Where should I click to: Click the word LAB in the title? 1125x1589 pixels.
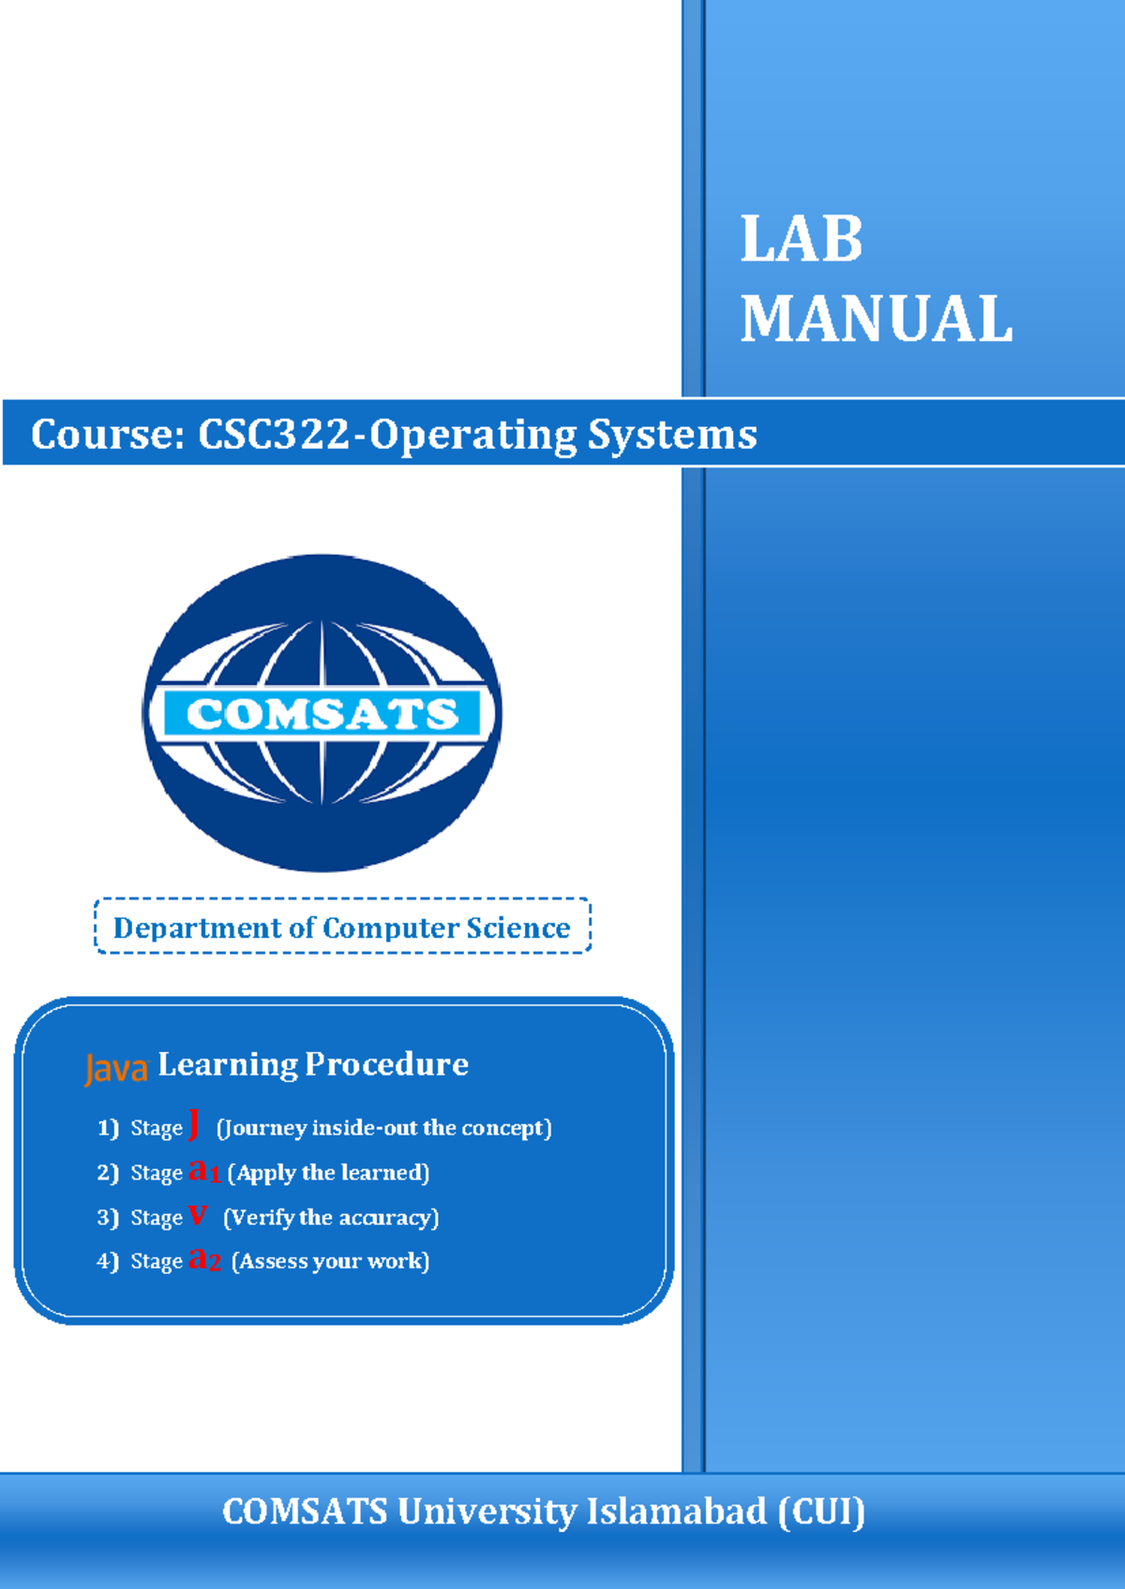coord(802,240)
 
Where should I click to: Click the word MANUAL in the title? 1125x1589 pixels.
coord(877,319)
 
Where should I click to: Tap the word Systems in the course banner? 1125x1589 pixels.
coord(672,435)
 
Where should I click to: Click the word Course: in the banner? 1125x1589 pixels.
coord(108,435)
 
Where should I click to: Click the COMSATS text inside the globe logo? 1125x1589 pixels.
coord(322,714)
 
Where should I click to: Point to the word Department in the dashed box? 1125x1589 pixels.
coord(197,928)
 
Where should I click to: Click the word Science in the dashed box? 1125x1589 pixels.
coord(517,928)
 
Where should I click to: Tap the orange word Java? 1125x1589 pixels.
coord(116,1068)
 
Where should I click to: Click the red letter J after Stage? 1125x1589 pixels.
coord(194,1123)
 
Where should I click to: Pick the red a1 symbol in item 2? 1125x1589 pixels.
coord(203,1170)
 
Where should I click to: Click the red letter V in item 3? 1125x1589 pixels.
coord(197,1215)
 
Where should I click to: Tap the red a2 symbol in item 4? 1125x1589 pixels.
coord(204,1259)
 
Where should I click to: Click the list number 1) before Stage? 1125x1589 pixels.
coord(108,1127)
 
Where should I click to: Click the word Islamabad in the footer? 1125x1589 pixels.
coord(676,1511)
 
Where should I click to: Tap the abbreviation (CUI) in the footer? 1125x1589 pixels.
coord(821,1511)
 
